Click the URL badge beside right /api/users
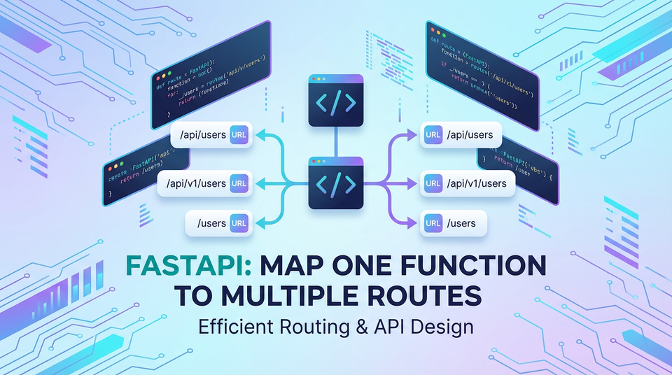click(x=433, y=134)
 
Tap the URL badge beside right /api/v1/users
click(x=433, y=183)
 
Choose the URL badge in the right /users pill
click(x=433, y=223)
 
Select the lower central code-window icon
click(x=335, y=183)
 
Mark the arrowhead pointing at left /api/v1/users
click(x=262, y=183)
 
